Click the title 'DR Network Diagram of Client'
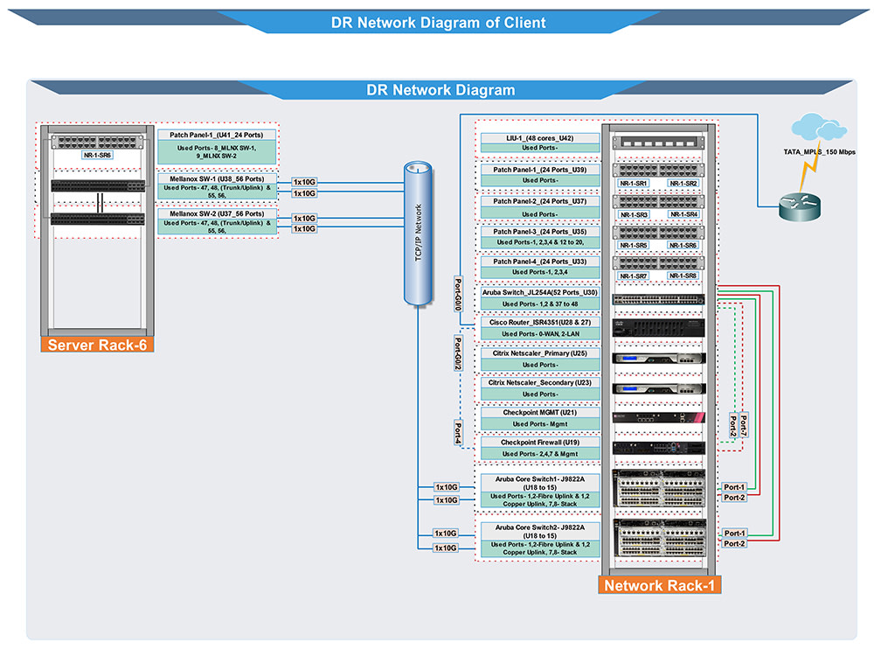click(x=438, y=23)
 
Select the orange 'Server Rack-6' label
click(x=97, y=345)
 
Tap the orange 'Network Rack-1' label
click(x=660, y=585)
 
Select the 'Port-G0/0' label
click(x=458, y=295)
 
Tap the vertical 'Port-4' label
click(x=458, y=431)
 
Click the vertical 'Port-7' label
click(x=743, y=425)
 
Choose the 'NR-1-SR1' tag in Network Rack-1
click(x=634, y=184)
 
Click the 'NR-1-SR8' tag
click(x=683, y=276)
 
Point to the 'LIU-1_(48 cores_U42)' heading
click(x=540, y=138)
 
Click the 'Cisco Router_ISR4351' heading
click(x=540, y=323)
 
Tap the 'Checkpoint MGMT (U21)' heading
click(x=540, y=413)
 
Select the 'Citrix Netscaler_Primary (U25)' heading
click(x=540, y=353)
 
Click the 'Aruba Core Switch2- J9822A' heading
click(x=540, y=528)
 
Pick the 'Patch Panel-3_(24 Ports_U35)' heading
click(x=540, y=231)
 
